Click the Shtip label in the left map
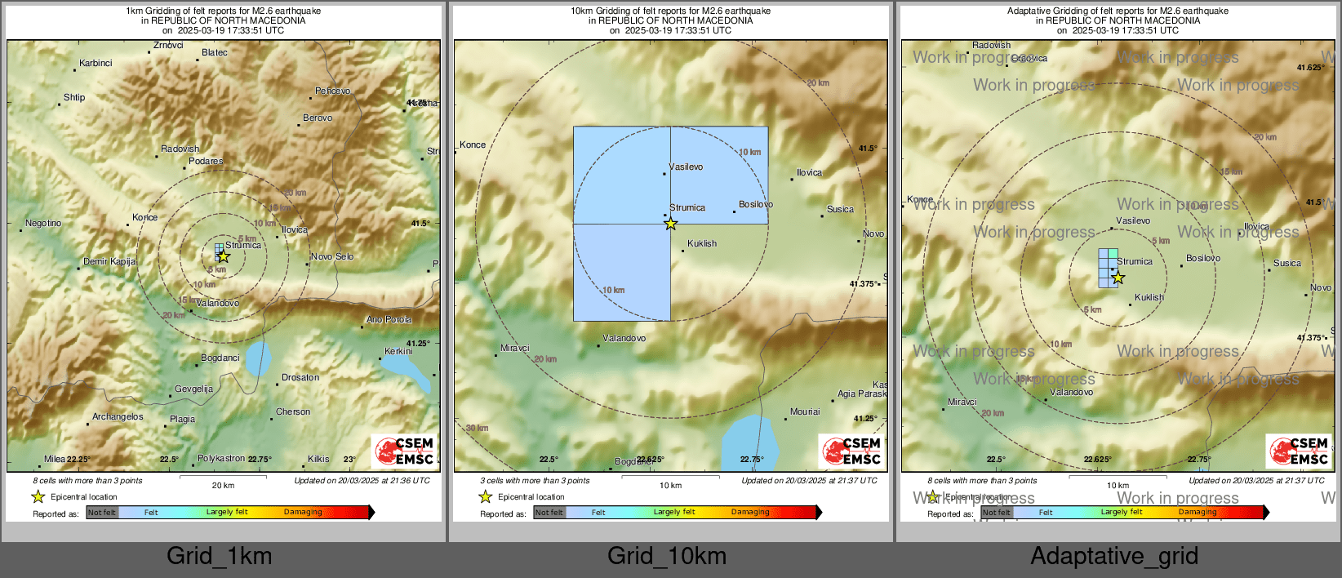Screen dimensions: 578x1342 click(74, 97)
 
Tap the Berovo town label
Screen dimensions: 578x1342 click(318, 118)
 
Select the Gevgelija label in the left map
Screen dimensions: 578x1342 click(193, 389)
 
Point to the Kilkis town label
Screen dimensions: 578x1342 click(318, 459)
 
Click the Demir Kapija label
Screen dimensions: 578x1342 click(109, 261)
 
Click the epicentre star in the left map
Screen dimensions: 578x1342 click(224, 256)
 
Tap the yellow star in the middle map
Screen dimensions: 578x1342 click(670, 224)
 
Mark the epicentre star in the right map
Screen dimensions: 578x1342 click(1118, 278)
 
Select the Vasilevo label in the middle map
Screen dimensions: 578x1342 click(686, 167)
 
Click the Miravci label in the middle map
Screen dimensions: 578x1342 click(515, 348)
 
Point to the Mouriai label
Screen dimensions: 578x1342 click(805, 411)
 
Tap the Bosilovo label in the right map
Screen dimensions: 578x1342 click(1203, 258)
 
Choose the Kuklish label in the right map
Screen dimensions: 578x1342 click(1149, 297)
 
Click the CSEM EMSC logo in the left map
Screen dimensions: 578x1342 click(405, 451)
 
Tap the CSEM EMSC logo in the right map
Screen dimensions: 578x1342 click(1300, 451)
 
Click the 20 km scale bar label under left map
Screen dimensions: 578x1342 click(223, 485)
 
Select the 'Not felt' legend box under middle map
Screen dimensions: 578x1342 click(549, 513)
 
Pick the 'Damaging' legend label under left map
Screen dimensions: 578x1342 click(303, 512)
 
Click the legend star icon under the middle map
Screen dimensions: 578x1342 click(486, 496)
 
